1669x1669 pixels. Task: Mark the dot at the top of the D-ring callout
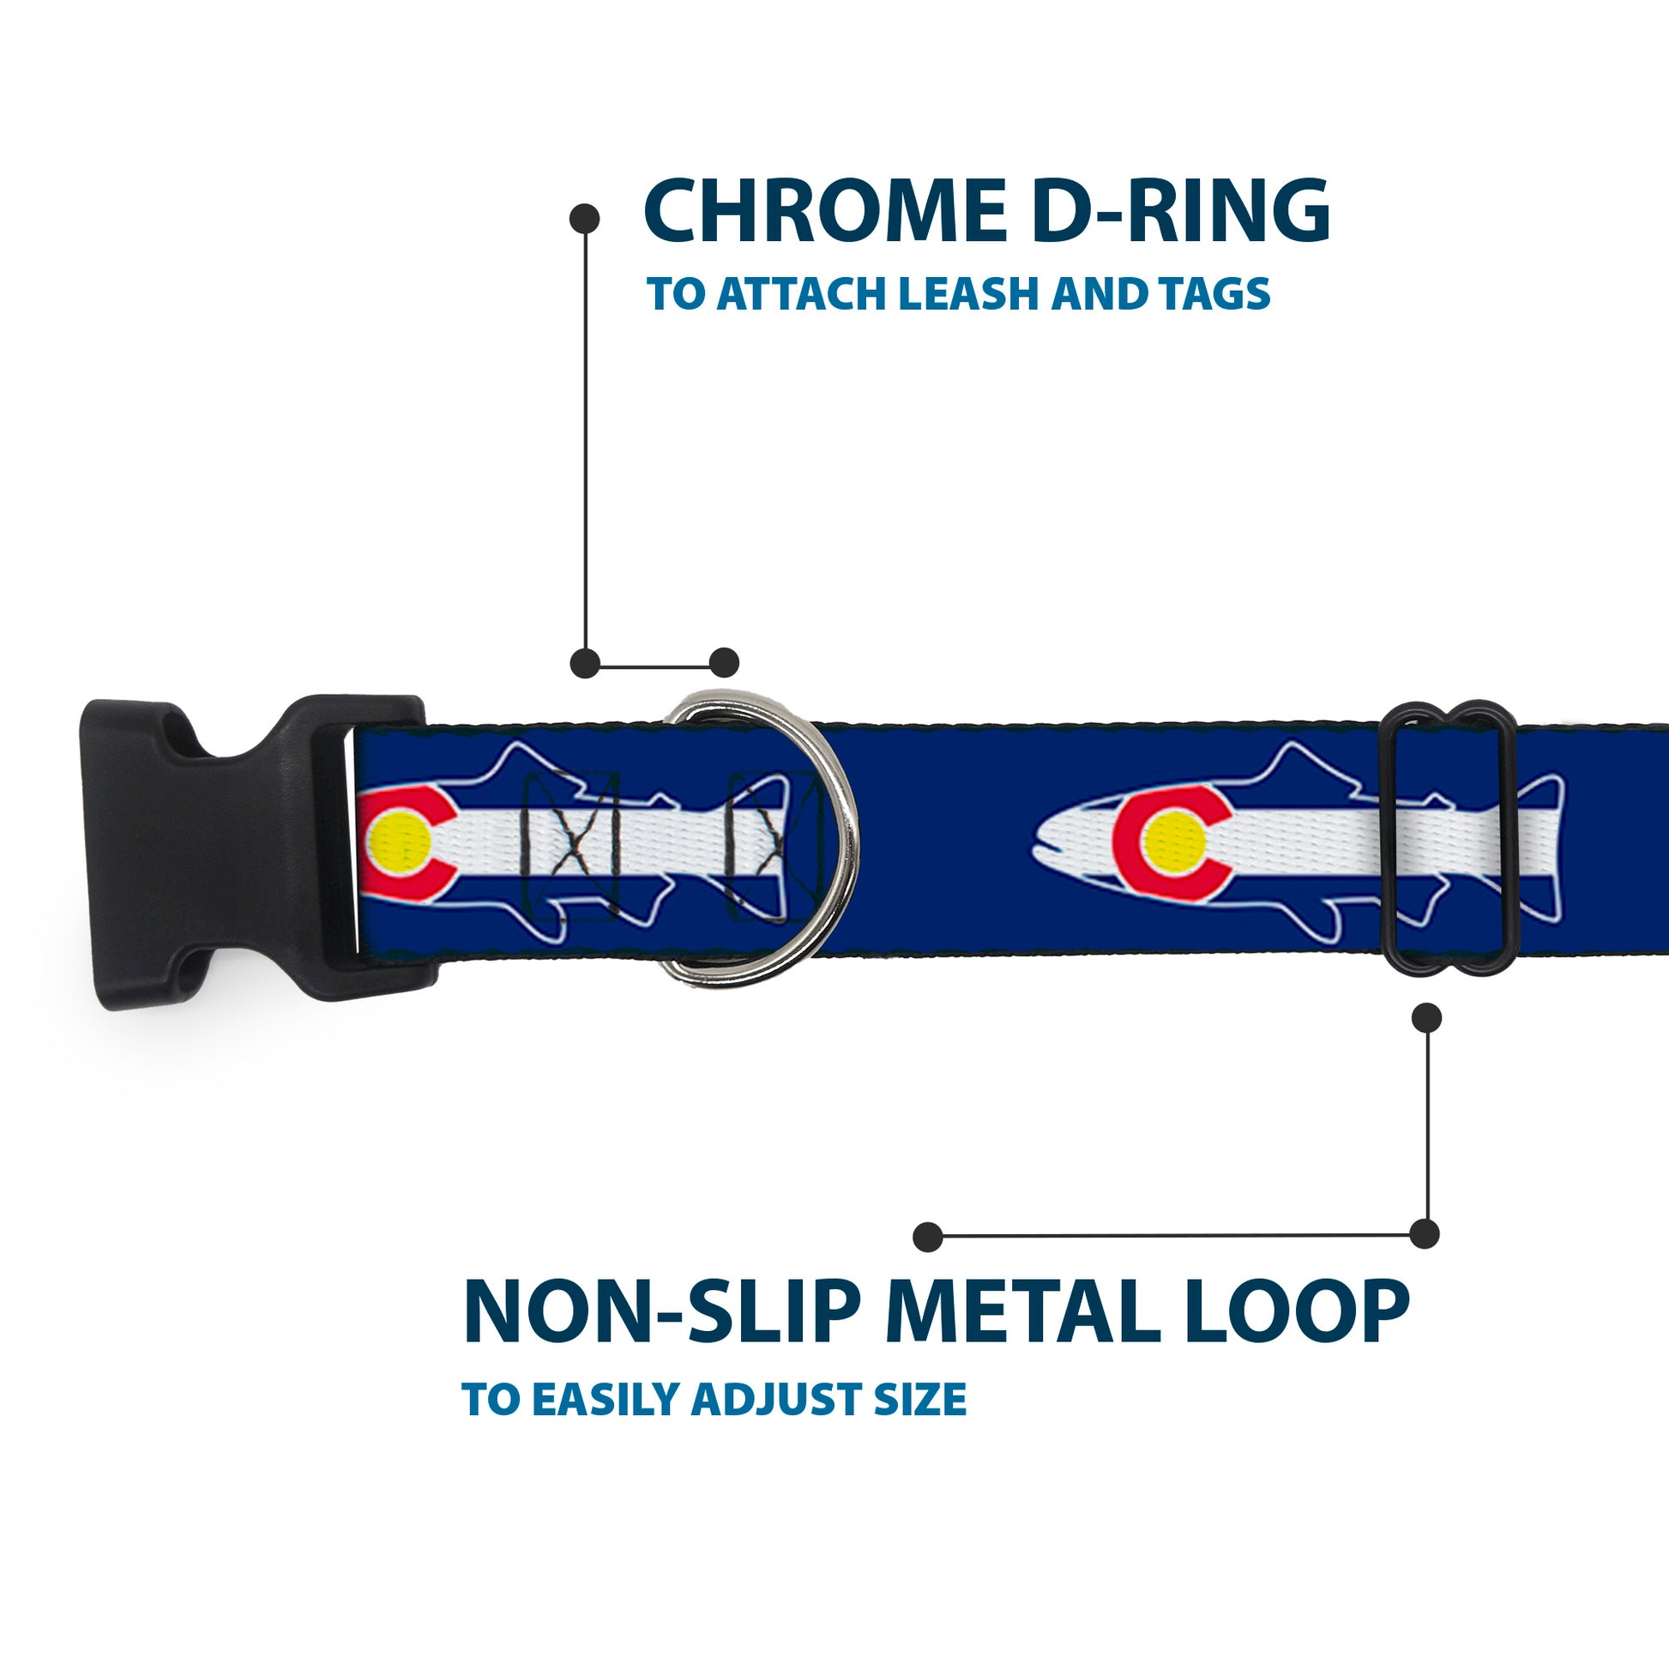pos(585,219)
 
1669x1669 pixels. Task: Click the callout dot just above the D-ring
pos(724,664)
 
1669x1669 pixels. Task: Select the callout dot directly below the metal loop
pos(1426,1018)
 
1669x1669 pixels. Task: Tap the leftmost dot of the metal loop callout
pos(928,1236)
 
